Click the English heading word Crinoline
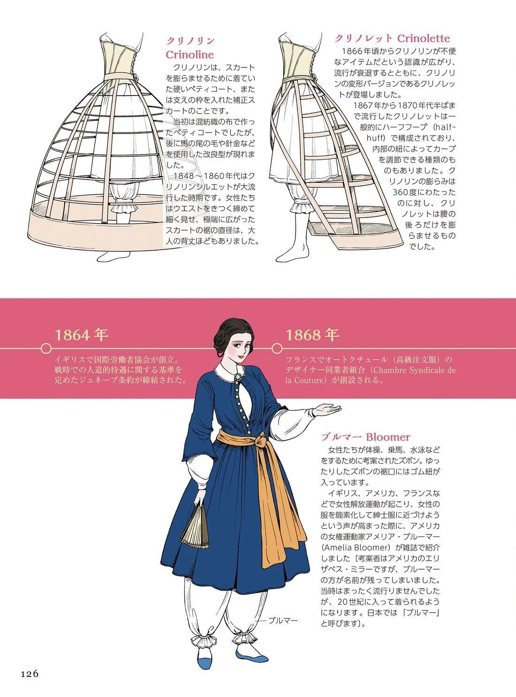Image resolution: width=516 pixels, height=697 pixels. (x=190, y=55)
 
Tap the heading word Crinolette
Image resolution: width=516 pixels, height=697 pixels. (x=423, y=38)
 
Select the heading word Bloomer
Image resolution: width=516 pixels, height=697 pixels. (x=388, y=437)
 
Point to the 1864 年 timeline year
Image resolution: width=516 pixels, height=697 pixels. (x=82, y=335)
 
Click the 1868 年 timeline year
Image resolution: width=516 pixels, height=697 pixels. (x=312, y=335)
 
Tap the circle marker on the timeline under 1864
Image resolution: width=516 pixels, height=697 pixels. (x=46, y=348)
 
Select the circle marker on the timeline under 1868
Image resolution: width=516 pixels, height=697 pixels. (x=277, y=348)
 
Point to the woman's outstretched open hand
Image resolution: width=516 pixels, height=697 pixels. (x=327, y=409)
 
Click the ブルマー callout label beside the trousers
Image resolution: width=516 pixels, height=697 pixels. (x=283, y=612)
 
